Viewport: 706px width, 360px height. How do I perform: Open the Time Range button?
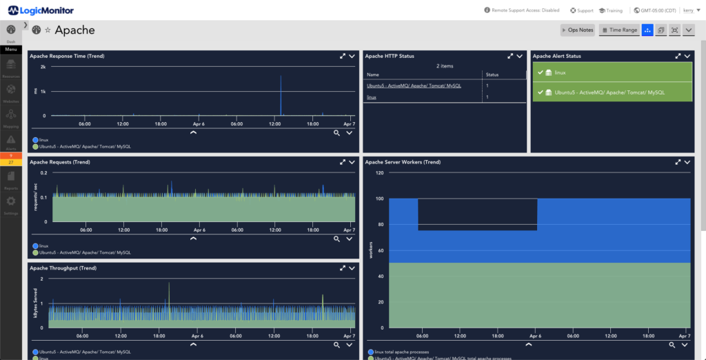[619, 30]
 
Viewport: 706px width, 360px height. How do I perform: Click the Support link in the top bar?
[582, 10]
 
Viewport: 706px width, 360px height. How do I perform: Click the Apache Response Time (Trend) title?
[67, 56]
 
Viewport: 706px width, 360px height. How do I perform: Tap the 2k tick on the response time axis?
[43, 67]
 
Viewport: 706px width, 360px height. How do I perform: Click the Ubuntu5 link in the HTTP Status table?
[414, 86]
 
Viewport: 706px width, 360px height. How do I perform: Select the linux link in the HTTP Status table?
[372, 97]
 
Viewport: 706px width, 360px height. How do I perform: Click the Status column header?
[492, 74]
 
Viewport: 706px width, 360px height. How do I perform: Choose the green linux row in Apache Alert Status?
[611, 72]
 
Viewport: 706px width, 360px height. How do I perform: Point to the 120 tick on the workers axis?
[379, 173]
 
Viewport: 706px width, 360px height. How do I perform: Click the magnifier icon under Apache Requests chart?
[336, 239]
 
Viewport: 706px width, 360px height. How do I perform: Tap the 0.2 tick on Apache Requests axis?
[43, 173]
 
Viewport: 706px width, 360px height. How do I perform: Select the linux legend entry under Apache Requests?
[43, 246]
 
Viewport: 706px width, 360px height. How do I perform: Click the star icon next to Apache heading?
[48, 30]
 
